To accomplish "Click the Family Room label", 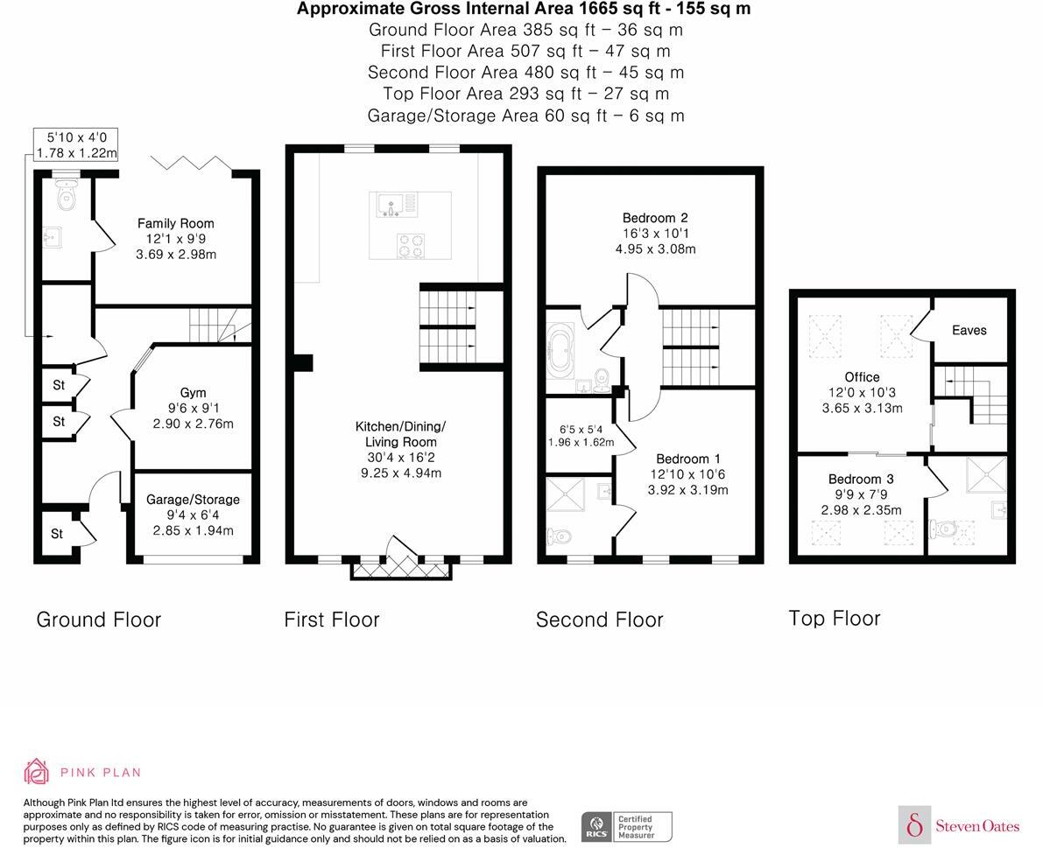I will [175, 224].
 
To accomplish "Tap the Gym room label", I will [193, 393].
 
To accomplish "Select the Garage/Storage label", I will [193, 500].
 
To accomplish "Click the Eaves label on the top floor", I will [969, 331].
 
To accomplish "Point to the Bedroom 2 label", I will [649, 218].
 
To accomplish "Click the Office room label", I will [862, 377].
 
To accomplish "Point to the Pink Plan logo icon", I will [37, 771].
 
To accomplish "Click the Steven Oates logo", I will [960, 825].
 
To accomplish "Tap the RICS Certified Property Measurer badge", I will [627, 826].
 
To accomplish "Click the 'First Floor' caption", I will [331, 620].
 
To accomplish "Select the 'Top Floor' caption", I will [834, 618].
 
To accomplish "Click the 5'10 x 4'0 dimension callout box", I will [76, 144].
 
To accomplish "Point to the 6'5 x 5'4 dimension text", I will [581, 436].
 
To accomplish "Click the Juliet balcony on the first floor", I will [401, 569].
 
